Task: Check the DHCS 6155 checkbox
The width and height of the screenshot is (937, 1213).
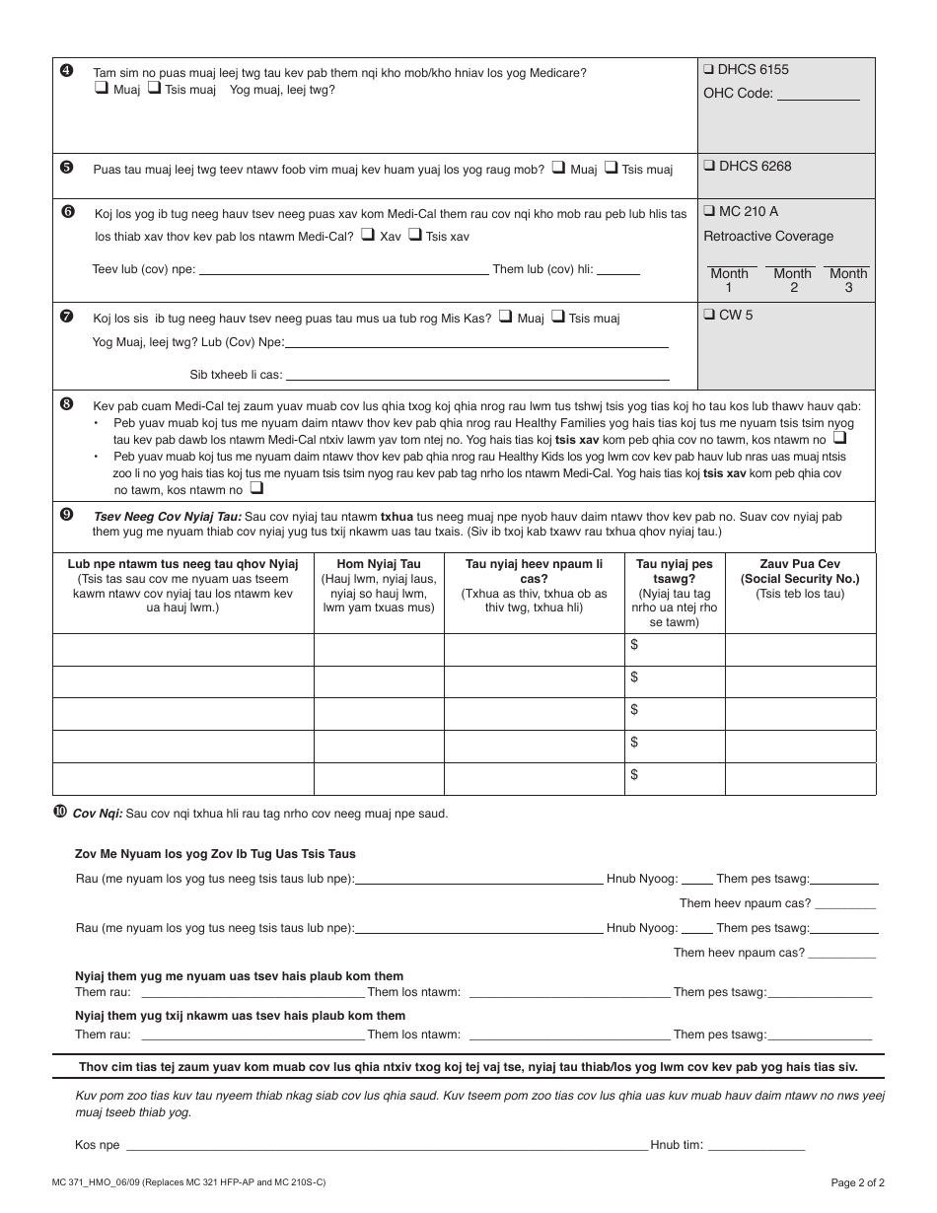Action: tap(709, 70)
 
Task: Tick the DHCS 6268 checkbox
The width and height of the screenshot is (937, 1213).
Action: tap(709, 167)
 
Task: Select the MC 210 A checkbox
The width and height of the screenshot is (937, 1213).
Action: tap(709, 212)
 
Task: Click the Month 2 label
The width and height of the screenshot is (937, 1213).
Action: tap(793, 280)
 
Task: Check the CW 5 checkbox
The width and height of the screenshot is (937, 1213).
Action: tap(709, 316)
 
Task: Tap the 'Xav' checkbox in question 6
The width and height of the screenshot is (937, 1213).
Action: tap(367, 236)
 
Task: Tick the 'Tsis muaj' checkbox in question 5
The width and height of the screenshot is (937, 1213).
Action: tap(610, 169)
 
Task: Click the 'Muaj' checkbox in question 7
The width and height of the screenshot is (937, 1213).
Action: tap(505, 318)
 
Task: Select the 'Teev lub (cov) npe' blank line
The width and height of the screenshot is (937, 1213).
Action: tap(344, 269)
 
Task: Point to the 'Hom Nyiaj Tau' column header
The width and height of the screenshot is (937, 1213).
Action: tap(379, 564)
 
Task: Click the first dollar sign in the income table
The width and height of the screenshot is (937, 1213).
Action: tap(634, 644)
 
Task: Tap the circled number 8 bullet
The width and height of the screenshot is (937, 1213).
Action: tap(66, 403)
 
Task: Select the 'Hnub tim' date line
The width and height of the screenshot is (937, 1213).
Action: tap(757, 1145)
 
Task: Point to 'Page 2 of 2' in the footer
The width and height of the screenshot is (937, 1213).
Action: tap(857, 1181)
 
